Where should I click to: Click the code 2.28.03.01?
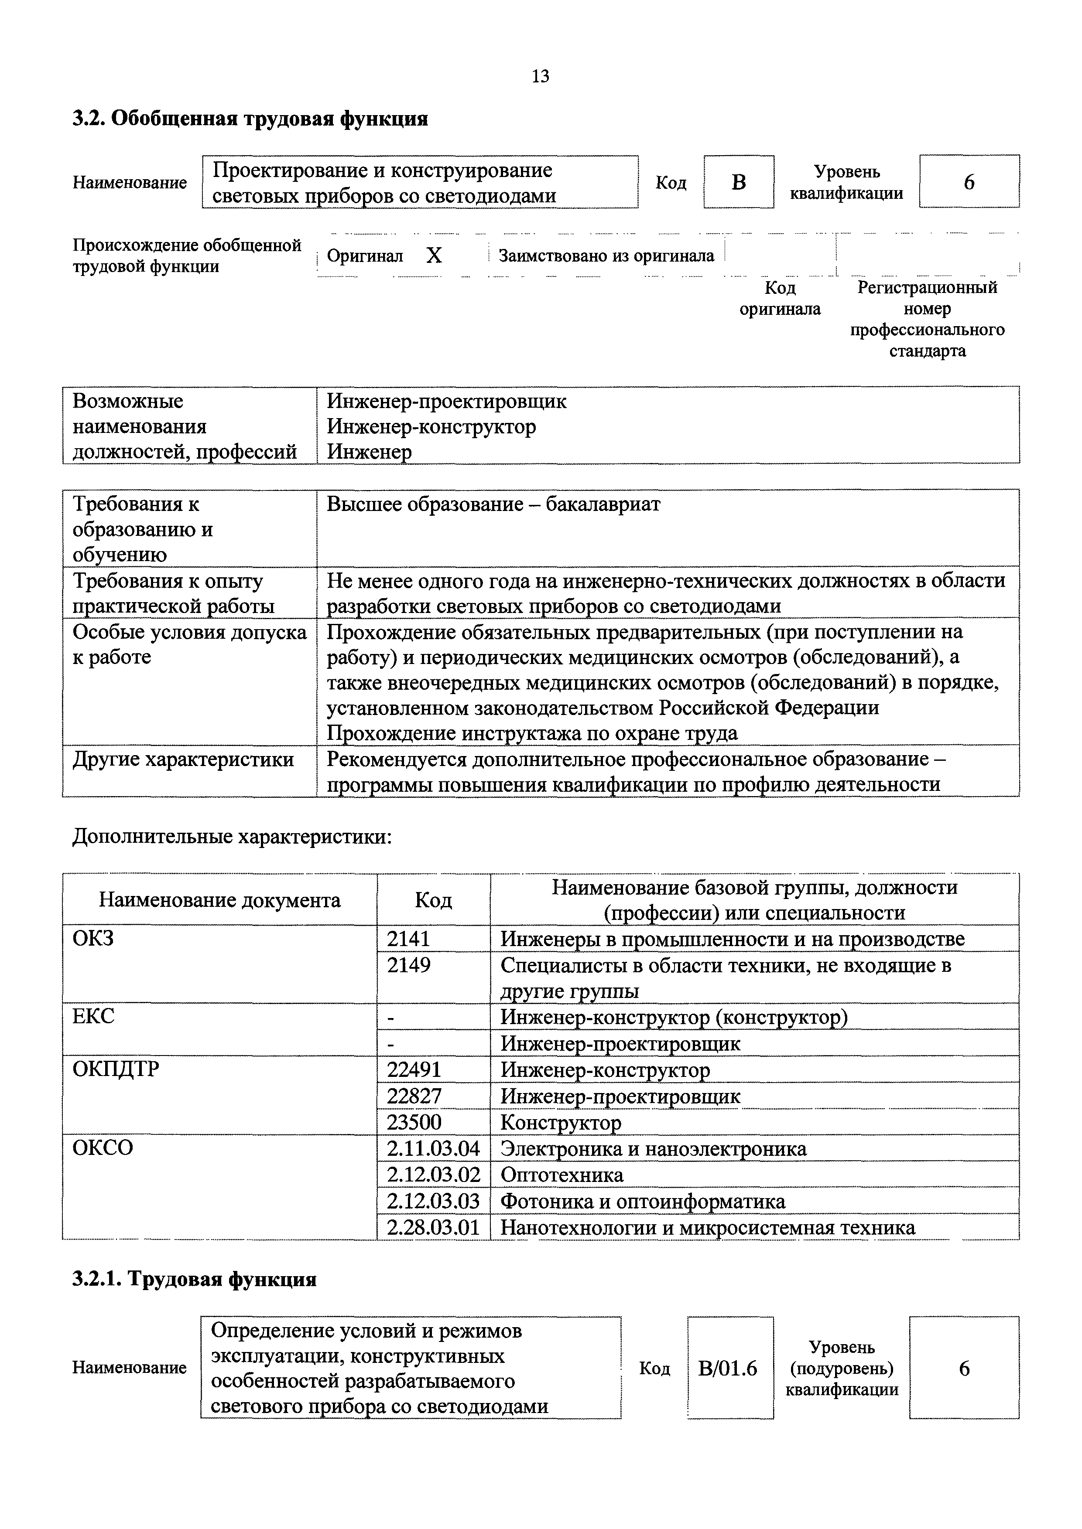433,1227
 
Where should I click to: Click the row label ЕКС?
93,1017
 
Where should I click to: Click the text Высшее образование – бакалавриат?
493,505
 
